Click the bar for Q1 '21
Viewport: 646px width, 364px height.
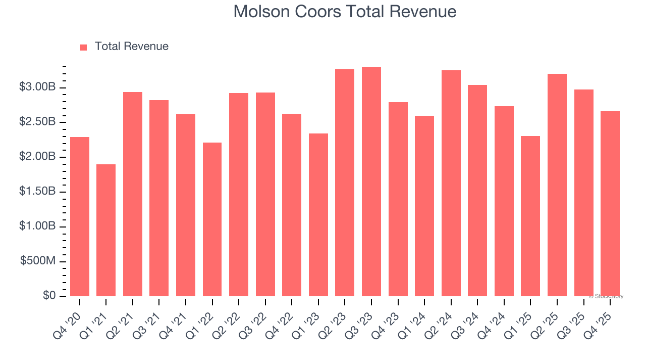(x=106, y=230)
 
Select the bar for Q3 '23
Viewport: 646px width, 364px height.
(x=371, y=182)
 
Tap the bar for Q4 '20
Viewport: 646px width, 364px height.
(x=80, y=216)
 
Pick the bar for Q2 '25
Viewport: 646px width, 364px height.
(x=557, y=185)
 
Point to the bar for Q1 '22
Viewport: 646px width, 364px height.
(x=212, y=219)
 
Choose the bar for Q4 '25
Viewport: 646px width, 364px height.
(x=610, y=204)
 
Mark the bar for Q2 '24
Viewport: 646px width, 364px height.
(x=451, y=183)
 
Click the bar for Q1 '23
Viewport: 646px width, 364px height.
(x=318, y=215)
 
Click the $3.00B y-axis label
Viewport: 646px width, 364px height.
(x=37, y=87)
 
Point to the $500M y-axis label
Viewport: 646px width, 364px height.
(x=38, y=261)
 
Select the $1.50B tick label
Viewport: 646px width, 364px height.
(x=37, y=192)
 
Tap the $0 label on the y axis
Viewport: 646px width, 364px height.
(x=49, y=296)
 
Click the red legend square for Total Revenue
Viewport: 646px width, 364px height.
(x=84, y=47)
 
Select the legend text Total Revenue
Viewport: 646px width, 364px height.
(x=131, y=47)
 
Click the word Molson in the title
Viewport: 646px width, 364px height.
(x=261, y=12)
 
